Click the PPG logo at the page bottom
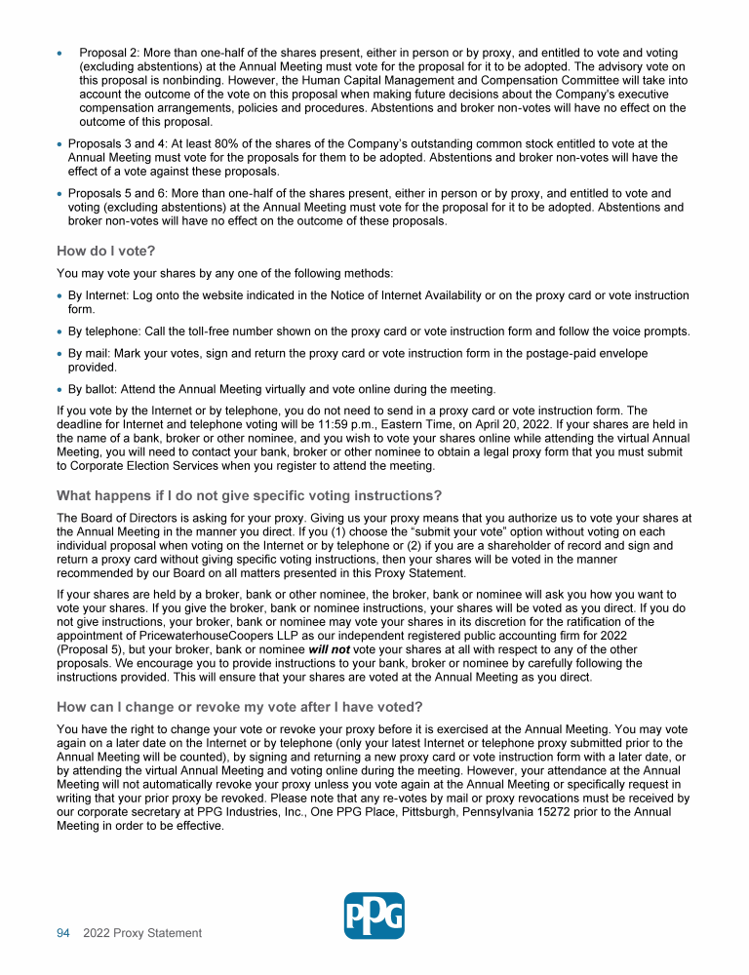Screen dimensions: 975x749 coord(374,916)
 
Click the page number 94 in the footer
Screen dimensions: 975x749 coord(63,933)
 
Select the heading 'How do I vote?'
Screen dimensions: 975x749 coord(105,251)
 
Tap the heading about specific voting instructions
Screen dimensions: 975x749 coord(249,494)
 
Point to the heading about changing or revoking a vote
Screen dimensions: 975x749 coord(240,706)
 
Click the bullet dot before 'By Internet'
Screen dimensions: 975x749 coord(60,295)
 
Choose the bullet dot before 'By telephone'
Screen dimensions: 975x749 coord(60,331)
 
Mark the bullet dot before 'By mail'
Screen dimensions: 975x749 coord(60,354)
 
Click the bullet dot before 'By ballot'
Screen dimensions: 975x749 coord(60,390)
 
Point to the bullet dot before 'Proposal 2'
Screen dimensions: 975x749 coord(60,52)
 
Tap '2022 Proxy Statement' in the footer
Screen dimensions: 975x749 coord(142,933)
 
